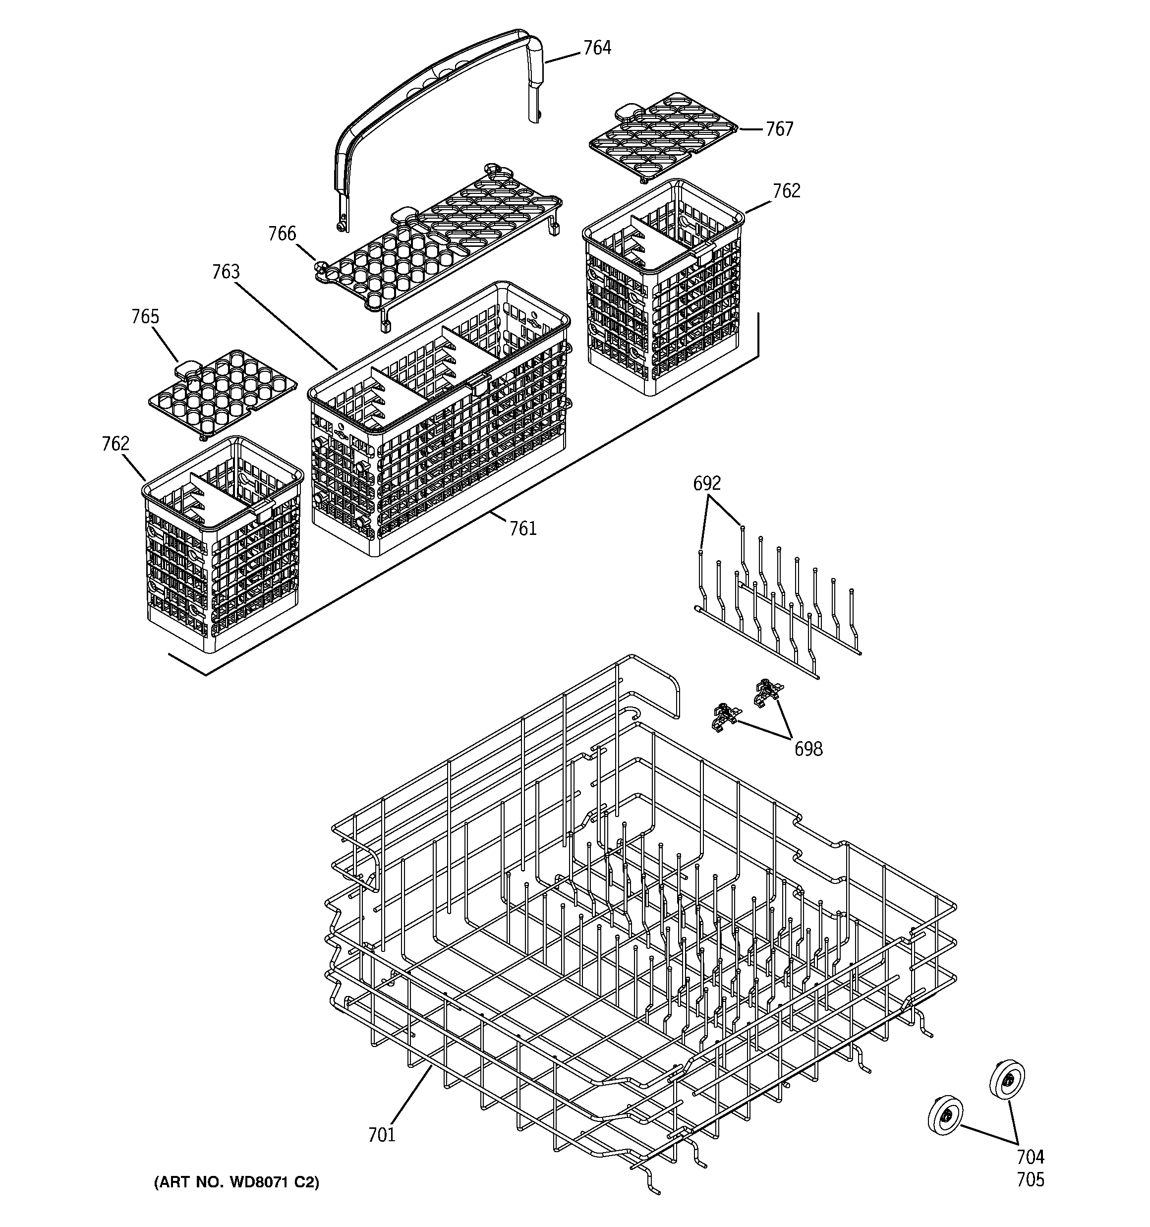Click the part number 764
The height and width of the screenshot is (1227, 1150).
click(596, 48)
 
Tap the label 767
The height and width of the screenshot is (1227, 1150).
click(779, 129)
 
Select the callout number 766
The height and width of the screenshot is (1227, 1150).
click(282, 234)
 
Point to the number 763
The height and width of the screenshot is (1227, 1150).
click(226, 272)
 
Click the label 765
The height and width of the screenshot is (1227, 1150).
click(145, 317)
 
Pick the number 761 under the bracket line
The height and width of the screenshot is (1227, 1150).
click(523, 528)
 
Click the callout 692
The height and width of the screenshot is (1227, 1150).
click(707, 483)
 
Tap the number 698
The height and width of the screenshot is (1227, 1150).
click(808, 749)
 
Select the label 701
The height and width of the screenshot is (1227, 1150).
click(382, 1134)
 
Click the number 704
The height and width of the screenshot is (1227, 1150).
click(1030, 1157)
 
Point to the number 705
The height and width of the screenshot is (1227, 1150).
click(1030, 1180)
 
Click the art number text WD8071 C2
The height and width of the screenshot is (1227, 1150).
click(236, 1182)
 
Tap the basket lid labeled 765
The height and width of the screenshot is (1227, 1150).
click(222, 392)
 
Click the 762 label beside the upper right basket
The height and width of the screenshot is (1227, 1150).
click(786, 191)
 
